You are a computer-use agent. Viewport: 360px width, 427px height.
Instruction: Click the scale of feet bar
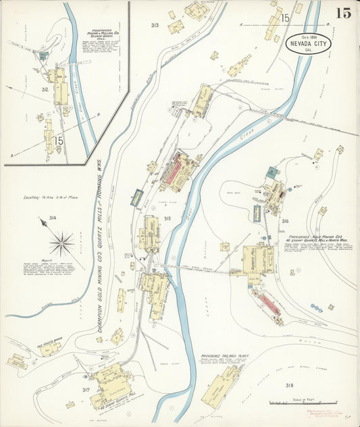coord(298,403)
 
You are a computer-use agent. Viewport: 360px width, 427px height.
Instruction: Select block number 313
coord(155,26)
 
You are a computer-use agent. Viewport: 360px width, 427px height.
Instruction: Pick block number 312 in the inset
coord(45,89)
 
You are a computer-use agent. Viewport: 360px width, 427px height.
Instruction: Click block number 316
coord(285,221)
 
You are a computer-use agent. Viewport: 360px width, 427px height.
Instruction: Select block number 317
coord(86,390)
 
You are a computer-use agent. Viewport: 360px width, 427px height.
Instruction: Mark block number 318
coord(289,385)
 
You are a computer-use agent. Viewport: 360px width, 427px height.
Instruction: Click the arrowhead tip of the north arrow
coord(41,219)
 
